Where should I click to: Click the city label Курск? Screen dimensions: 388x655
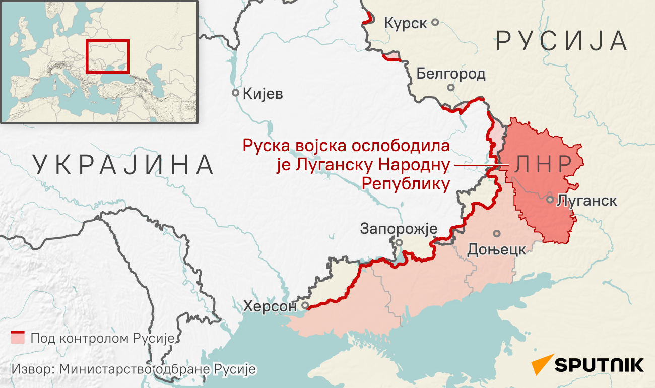tap(405, 23)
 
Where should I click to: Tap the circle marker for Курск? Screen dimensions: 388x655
tap(435, 22)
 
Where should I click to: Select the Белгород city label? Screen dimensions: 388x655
tap(451, 74)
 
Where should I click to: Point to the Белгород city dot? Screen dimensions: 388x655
tap(451, 88)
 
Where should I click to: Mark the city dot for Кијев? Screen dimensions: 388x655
tap(235, 93)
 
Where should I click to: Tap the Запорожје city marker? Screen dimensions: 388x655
tap(399, 242)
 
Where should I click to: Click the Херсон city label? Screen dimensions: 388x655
tap(272, 306)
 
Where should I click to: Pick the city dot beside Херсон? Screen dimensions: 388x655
tap(305, 306)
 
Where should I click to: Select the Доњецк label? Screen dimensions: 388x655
tap(497, 249)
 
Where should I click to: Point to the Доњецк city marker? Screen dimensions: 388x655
tap(497, 233)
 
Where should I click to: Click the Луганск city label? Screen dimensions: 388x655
tap(587, 200)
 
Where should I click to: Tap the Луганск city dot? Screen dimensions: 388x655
tap(550, 199)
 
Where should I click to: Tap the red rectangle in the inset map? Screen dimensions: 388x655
tap(108, 56)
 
